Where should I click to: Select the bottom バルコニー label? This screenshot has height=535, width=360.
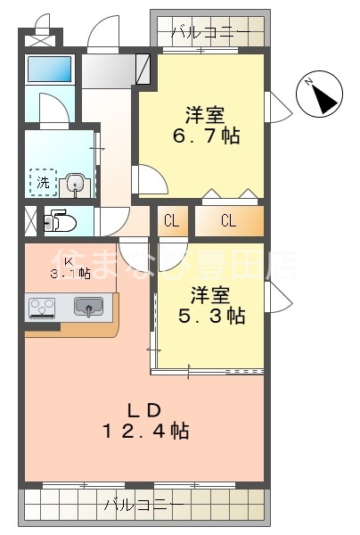(143, 505)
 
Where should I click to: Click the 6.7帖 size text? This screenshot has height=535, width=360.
(207, 136)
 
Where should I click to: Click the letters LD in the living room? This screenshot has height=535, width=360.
(143, 410)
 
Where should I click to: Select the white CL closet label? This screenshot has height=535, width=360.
(171, 221)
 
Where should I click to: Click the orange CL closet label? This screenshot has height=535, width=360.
(228, 221)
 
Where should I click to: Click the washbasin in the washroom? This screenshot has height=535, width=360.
(75, 185)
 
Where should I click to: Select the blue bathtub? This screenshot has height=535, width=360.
(48, 69)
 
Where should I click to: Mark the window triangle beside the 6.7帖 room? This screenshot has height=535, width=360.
(279, 107)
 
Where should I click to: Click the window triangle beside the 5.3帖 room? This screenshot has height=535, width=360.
(279, 295)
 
